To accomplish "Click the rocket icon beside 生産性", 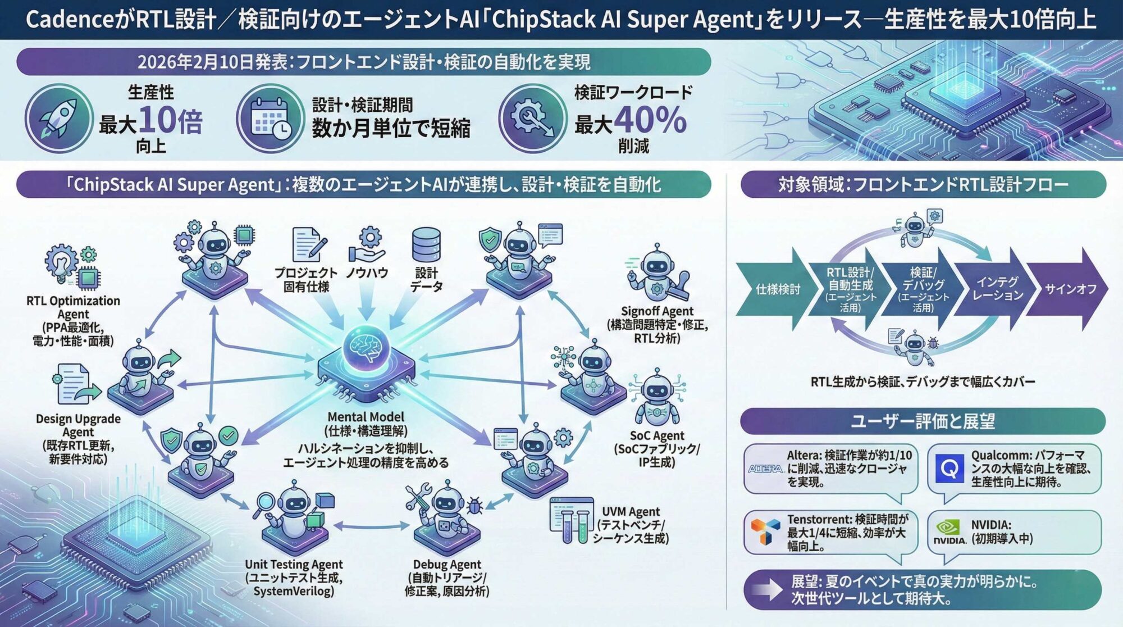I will coord(58,119).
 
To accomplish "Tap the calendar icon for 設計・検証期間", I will coord(270,119).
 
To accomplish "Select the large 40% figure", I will coord(650,120).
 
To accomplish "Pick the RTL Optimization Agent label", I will coord(73,320).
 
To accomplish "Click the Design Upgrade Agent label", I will coord(78,438).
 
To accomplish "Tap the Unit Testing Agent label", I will coord(293,578).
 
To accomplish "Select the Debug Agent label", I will coord(447,578).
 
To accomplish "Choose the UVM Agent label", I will coord(631,525).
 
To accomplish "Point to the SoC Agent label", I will coord(656,448).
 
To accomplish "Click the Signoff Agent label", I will coord(657,324).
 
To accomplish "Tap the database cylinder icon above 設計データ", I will coord(426,245).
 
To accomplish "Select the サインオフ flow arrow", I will coord(1070,289).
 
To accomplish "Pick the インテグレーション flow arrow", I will coord(997,289).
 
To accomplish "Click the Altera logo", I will coord(765,469).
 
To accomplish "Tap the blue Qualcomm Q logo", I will coord(949,468).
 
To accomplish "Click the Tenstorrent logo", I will coord(765,531).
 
